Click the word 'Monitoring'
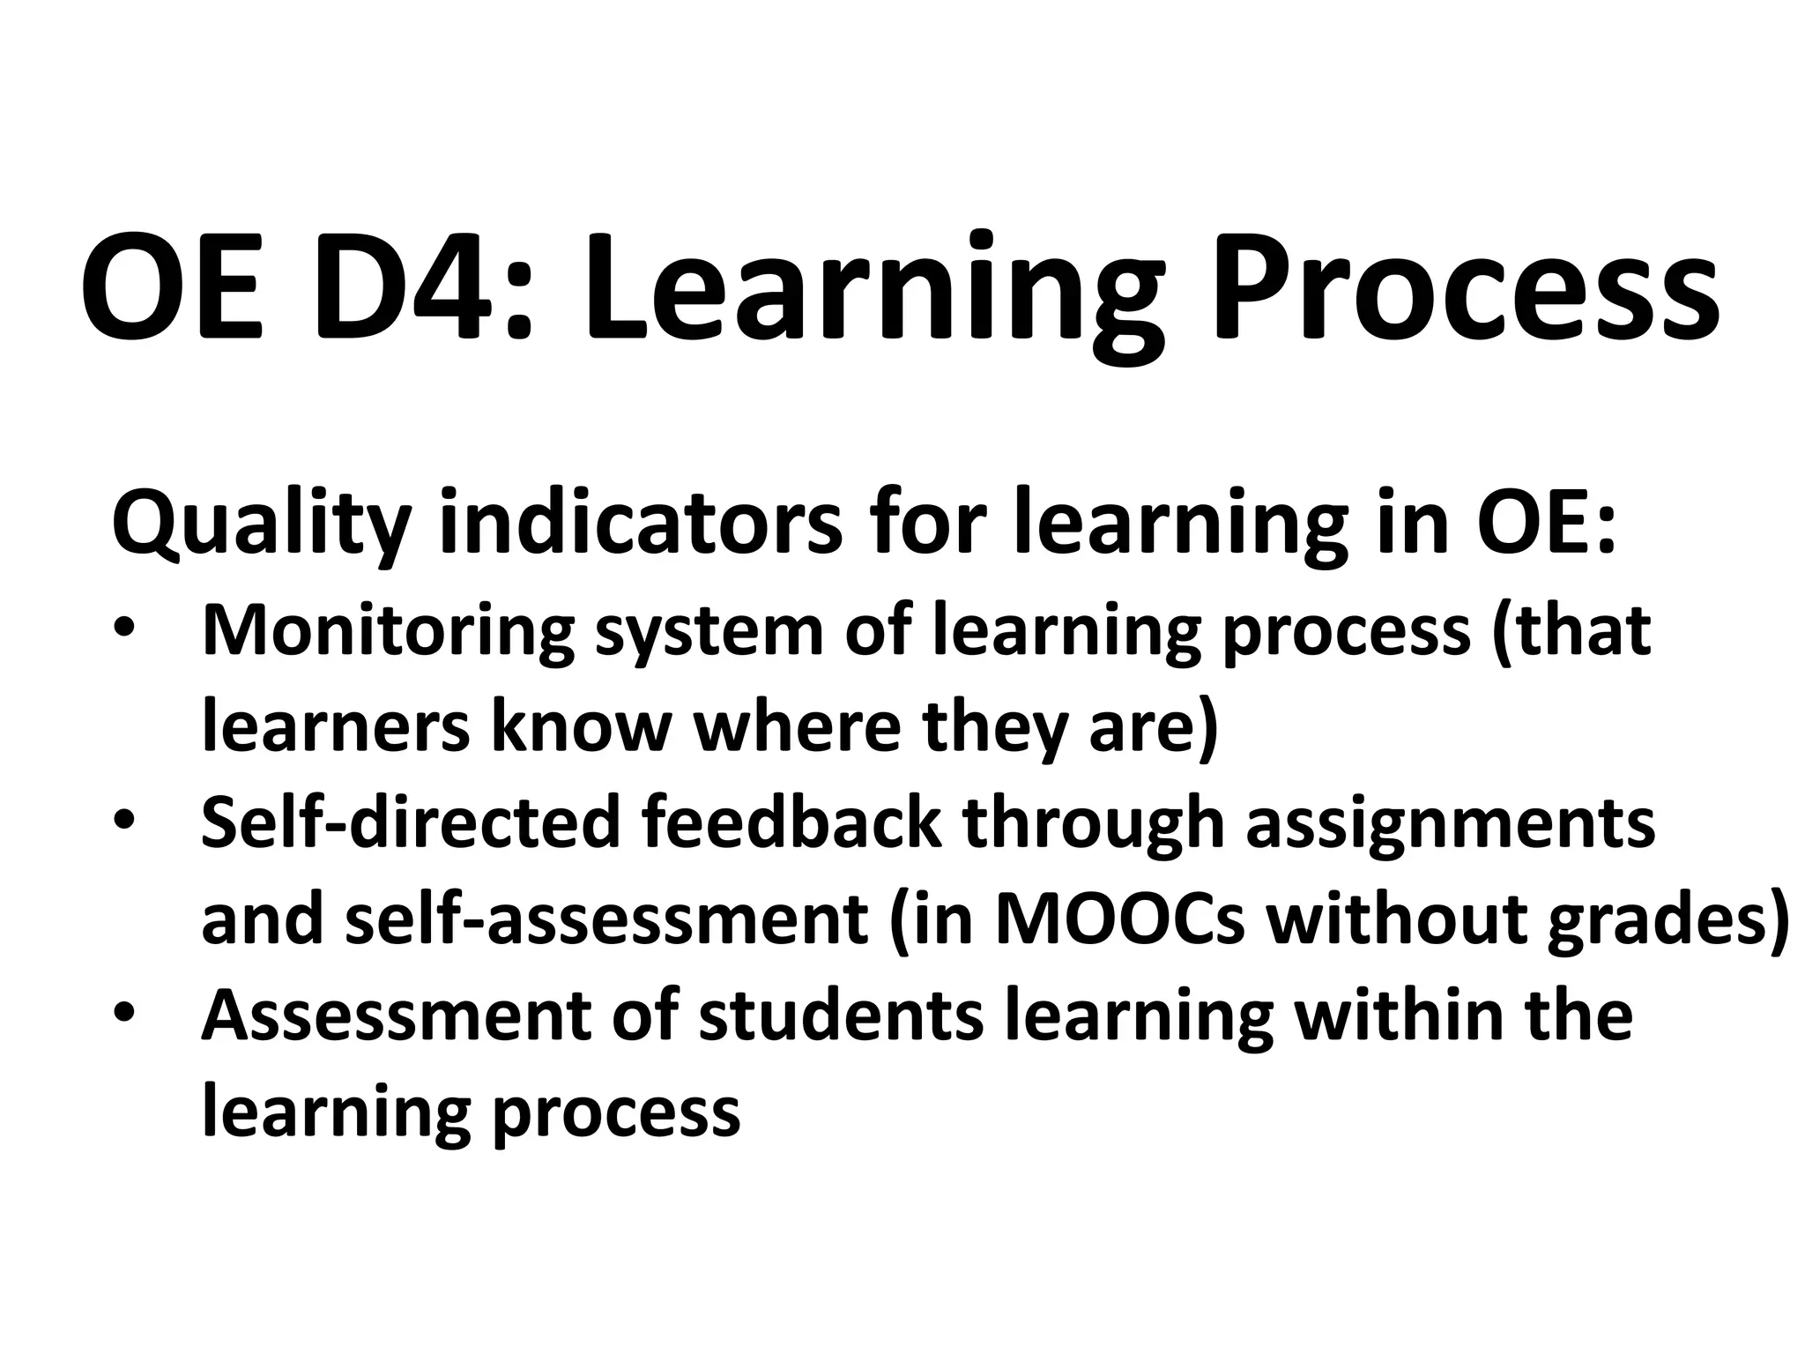(388, 632)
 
